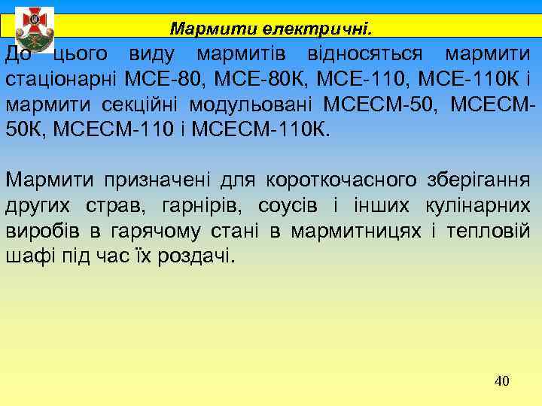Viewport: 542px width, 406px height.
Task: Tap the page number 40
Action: coord(502,381)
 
